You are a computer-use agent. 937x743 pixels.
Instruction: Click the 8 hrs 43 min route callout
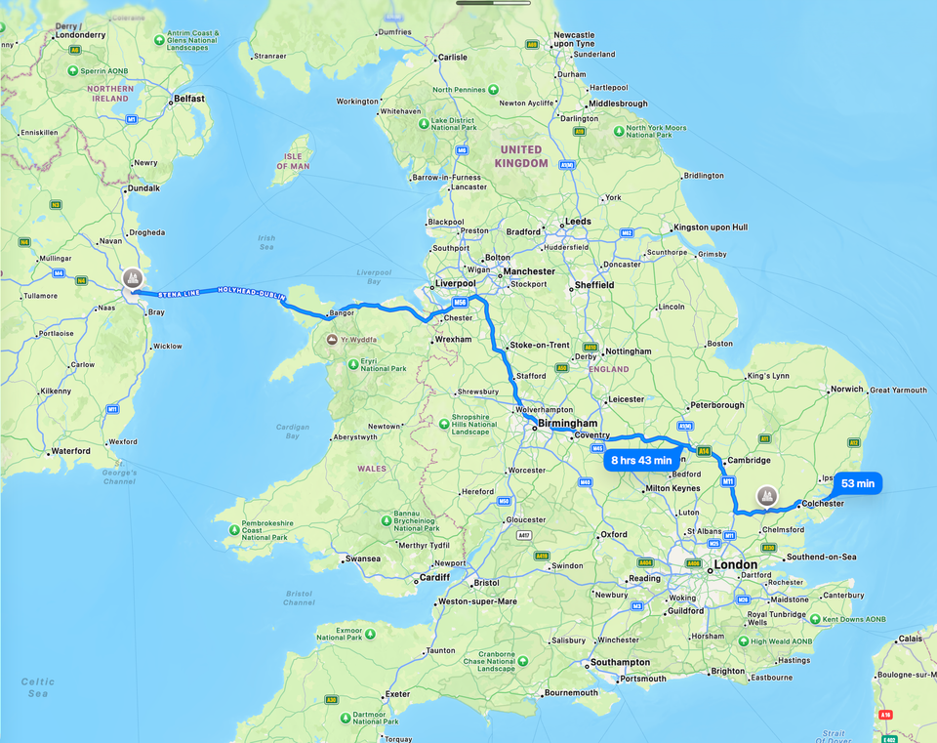click(641, 460)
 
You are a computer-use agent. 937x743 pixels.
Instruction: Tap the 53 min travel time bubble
click(858, 483)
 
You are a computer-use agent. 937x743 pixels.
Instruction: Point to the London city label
click(735, 565)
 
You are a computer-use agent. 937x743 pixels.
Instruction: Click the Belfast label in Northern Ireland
click(187, 99)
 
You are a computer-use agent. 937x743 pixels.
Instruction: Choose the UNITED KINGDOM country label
click(521, 156)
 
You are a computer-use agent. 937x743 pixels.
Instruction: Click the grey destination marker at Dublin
click(133, 280)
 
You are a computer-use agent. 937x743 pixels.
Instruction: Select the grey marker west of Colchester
click(767, 496)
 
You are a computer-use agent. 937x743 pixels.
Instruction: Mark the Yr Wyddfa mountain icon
click(333, 339)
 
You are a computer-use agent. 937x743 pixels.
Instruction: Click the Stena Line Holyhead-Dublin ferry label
click(208, 292)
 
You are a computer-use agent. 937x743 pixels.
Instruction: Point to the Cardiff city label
click(433, 577)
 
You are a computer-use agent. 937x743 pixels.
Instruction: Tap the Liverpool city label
click(454, 284)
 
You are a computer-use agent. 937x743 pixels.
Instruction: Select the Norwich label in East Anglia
click(846, 390)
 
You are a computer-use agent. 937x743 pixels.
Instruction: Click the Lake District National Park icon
click(413, 122)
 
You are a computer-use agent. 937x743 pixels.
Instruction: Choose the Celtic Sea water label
click(37, 687)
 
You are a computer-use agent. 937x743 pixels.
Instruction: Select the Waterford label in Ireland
click(70, 451)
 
